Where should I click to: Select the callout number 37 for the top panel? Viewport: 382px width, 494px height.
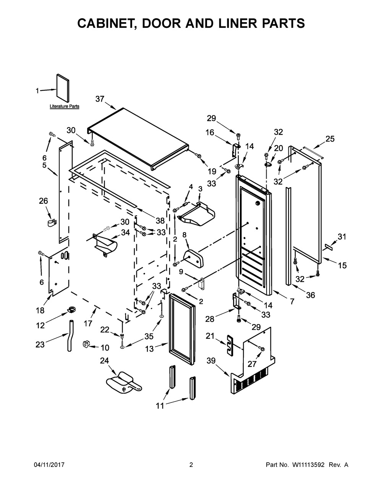click(x=100, y=99)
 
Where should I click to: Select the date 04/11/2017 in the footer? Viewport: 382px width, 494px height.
click(x=49, y=465)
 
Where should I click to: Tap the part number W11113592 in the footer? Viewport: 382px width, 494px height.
click(x=309, y=465)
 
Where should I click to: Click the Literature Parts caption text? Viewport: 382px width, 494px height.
click(x=64, y=107)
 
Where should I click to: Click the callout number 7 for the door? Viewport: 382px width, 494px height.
click(x=292, y=302)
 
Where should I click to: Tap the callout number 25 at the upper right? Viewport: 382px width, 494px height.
click(x=330, y=139)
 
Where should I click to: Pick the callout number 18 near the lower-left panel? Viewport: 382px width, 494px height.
click(x=40, y=311)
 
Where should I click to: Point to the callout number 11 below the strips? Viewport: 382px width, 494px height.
click(x=160, y=406)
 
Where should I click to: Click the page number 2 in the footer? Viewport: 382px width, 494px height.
click(x=191, y=465)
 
